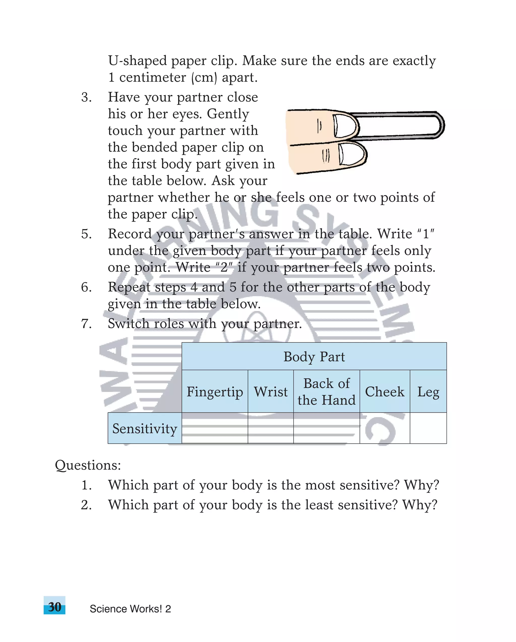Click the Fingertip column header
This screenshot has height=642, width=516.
point(215,391)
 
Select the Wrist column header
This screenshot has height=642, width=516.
point(271,391)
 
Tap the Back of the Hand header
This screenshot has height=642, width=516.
point(327,391)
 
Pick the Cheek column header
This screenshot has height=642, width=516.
point(384,391)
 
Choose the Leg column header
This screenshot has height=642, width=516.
point(428,391)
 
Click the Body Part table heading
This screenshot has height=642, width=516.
point(314,356)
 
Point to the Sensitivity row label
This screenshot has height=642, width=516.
point(145,428)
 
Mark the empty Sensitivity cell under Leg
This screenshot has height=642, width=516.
point(428,428)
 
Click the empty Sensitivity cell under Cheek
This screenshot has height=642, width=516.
point(384,428)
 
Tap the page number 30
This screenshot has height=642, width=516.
point(54,607)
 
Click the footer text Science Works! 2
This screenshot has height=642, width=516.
point(130,609)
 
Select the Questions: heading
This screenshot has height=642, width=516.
point(88,465)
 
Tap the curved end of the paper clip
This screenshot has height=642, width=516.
point(440,125)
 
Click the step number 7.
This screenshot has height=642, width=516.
point(86,323)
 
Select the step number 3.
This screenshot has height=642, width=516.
point(86,97)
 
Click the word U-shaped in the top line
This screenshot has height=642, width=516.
point(137,61)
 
